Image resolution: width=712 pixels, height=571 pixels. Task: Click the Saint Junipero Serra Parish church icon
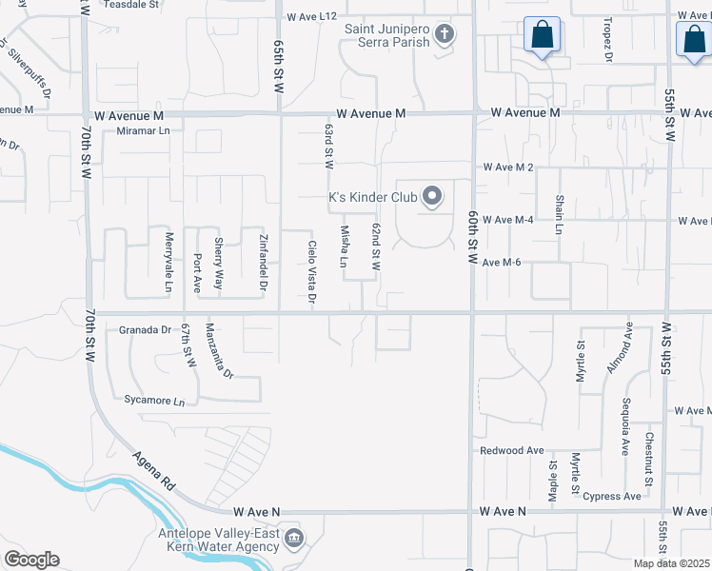click(443, 35)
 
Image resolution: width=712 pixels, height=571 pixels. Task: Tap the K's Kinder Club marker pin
click(432, 197)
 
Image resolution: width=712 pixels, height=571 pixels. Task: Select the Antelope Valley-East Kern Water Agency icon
click(294, 540)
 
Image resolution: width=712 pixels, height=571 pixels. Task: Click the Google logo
click(31, 560)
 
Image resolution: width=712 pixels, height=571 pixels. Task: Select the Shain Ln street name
click(560, 215)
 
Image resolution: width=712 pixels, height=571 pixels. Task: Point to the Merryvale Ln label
click(168, 263)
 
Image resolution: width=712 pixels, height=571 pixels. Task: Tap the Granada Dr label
click(145, 330)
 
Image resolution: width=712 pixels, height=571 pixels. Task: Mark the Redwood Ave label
click(512, 450)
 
